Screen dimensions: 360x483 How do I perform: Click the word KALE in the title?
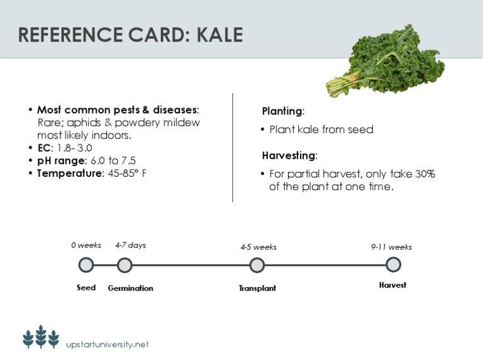point(219,35)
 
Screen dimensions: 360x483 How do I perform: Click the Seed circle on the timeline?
point(86,265)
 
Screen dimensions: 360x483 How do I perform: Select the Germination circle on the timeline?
point(125,265)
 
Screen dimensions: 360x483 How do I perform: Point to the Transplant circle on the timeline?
point(257,265)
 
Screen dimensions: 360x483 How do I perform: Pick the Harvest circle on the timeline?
point(393,265)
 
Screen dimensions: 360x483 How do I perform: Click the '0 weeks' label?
point(86,245)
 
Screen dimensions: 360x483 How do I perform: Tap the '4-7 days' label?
point(130,245)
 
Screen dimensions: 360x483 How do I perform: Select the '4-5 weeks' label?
point(258,247)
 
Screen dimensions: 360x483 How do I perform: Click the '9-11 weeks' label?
point(391,247)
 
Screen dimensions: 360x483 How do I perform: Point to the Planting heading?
point(283,111)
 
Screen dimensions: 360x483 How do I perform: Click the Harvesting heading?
point(289,155)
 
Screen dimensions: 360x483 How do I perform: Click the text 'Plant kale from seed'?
point(321,130)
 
